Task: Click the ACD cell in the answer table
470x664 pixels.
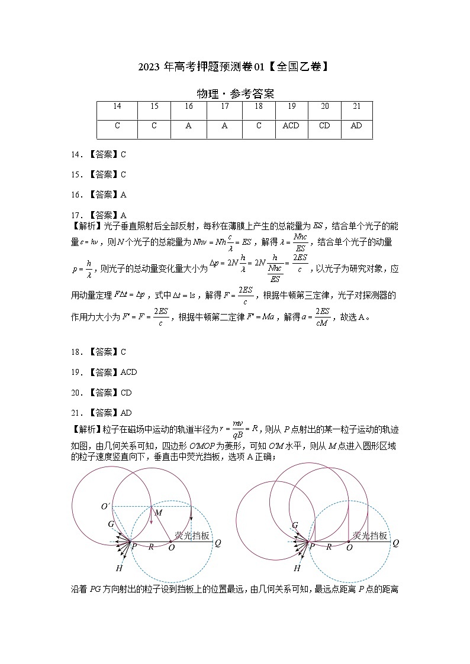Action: [291, 125]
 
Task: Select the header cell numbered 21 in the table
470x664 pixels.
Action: [356, 106]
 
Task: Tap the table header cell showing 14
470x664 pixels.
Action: [117, 106]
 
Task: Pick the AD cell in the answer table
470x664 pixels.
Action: [356, 125]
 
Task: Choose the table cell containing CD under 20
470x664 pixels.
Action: [324, 125]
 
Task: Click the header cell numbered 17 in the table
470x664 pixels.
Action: [224, 106]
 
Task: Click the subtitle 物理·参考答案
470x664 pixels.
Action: [234, 93]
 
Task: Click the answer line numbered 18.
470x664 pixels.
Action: [99, 352]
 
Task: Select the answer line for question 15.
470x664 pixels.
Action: [99, 174]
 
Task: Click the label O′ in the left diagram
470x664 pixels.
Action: [106, 507]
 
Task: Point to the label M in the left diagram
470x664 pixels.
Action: [158, 513]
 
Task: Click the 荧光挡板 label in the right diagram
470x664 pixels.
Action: [370, 535]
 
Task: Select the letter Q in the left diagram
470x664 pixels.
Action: [218, 542]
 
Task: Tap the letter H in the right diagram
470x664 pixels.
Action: [297, 568]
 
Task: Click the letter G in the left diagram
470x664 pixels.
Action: [111, 524]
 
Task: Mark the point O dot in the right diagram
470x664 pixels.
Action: [349, 540]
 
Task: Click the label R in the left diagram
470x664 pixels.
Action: [151, 547]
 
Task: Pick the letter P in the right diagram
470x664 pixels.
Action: [313, 547]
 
